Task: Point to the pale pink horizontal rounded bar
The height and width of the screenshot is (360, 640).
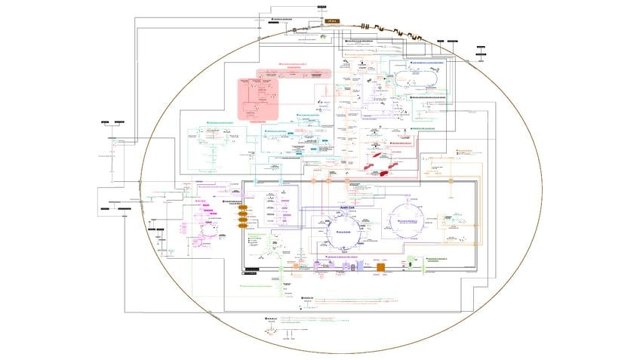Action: click(294, 73)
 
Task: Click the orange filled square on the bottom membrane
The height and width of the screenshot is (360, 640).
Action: click(381, 266)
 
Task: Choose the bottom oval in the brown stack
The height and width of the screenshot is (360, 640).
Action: click(242, 224)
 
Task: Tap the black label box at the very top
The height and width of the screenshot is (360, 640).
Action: click(322, 6)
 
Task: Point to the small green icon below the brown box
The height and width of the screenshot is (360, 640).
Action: click(323, 35)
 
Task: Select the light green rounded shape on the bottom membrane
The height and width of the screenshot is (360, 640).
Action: click(409, 260)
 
